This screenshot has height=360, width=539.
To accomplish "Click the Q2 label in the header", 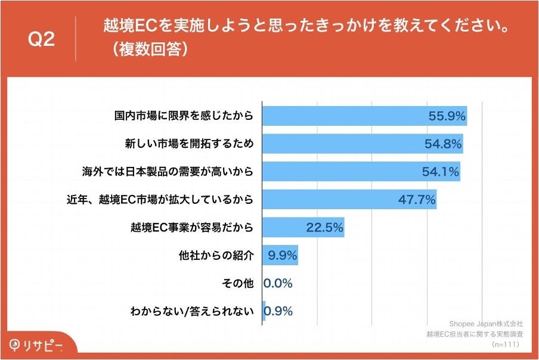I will point(41,39).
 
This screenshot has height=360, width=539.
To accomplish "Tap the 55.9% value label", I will point(447,116).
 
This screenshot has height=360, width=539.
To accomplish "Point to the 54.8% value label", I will point(443,144).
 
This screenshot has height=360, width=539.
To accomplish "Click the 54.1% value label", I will point(440,172).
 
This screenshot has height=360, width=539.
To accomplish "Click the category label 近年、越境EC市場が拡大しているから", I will point(160,200).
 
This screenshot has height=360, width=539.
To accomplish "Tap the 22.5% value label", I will point(324,228).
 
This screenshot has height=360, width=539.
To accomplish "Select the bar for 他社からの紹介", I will point(280,256).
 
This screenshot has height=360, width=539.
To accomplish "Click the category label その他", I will point(237,283).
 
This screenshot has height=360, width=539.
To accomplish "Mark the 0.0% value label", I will point(278,283).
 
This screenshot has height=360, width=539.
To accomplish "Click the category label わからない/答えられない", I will point(191,311).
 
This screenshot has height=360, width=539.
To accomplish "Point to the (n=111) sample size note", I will point(506,344).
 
